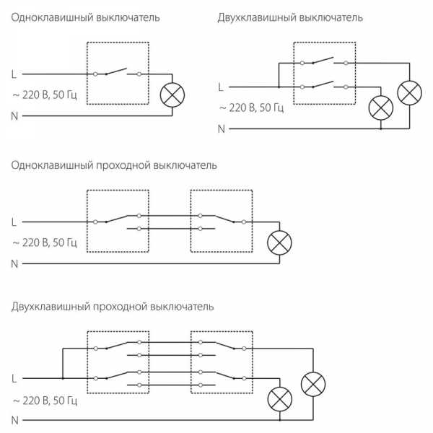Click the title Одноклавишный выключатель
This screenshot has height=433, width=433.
[85, 17]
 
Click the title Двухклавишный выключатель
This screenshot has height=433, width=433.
[290, 17]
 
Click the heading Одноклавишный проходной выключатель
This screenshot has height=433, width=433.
[114, 165]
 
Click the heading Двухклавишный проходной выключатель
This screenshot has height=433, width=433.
[113, 307]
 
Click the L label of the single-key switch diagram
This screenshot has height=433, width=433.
[14, 74]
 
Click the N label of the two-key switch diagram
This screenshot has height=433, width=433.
[222, 129]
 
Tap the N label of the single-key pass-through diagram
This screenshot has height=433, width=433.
[14, 264]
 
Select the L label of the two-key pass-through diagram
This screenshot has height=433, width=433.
[14, 379]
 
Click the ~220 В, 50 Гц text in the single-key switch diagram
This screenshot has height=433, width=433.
[45, 95]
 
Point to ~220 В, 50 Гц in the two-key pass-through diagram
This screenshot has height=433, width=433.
[45, 401]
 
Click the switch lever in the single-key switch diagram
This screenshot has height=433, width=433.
[116, 71]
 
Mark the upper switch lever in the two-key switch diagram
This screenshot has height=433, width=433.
[323, 60]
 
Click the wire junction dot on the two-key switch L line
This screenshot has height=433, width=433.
[279, 87]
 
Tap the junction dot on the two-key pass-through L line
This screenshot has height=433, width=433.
[63, 378]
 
